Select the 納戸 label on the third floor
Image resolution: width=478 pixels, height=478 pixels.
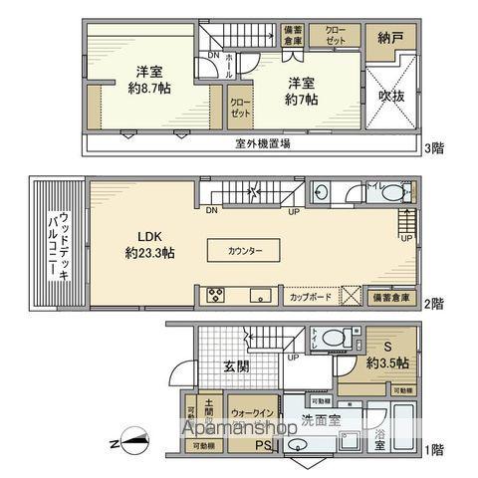pos(390,38)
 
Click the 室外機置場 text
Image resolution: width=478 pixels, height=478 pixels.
pos(263,143)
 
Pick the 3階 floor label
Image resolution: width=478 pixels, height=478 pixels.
pos(434,149)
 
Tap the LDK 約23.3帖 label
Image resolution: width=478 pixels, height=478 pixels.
pos(150,245)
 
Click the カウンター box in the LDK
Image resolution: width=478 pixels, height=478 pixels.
pos(245,250)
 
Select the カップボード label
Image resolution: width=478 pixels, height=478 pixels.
pos(310,297)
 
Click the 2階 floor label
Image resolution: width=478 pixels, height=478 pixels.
pos(434,303)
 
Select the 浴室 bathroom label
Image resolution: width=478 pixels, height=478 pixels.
pos(379,439)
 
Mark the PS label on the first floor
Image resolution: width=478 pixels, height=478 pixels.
pos(264,445)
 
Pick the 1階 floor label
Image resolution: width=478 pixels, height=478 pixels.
pos(434,451)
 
